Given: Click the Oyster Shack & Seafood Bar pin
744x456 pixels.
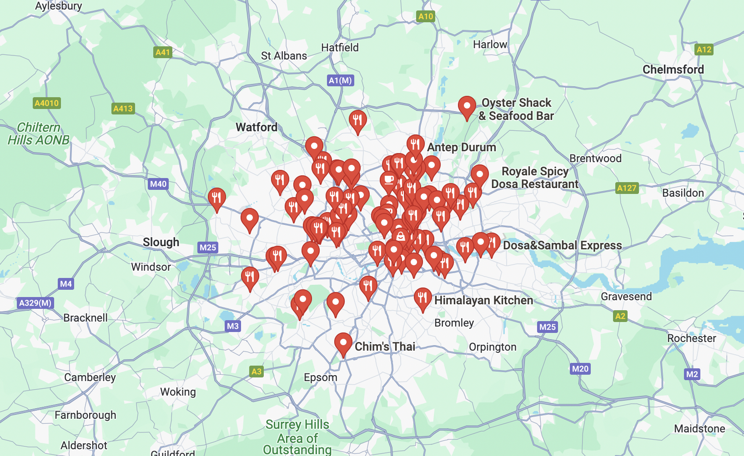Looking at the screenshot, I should tap(467, 106).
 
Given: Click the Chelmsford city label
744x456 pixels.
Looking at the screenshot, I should tap(673, 69).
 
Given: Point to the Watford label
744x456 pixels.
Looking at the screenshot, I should tap(256, 127).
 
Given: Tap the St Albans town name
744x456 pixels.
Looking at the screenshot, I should tap(284, 56).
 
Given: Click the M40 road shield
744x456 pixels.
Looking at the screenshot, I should tap(158, 184).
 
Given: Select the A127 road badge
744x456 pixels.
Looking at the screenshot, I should tap(627, 188).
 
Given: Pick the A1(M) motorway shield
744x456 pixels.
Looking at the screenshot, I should tap(340, 80).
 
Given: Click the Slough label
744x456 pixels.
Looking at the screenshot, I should tap(161, 242).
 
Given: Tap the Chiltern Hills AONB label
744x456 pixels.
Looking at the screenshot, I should tap(39, 134).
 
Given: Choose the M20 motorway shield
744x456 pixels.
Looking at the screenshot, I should tap(580, 369).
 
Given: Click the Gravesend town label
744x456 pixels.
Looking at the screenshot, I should tap(626, 297).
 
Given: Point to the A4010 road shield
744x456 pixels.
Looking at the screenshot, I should tap(47, 103).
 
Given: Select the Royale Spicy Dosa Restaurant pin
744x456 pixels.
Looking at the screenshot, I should tap(479, 175).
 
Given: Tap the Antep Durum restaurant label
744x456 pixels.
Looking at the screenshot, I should tap(461, 147).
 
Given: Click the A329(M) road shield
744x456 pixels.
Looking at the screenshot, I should tap(35, 303).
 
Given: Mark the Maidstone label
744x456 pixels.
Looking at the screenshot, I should tap(699, 429).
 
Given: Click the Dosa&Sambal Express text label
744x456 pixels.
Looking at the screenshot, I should tap(562, 245).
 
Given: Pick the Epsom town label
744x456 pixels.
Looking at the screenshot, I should tap(321, 377).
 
